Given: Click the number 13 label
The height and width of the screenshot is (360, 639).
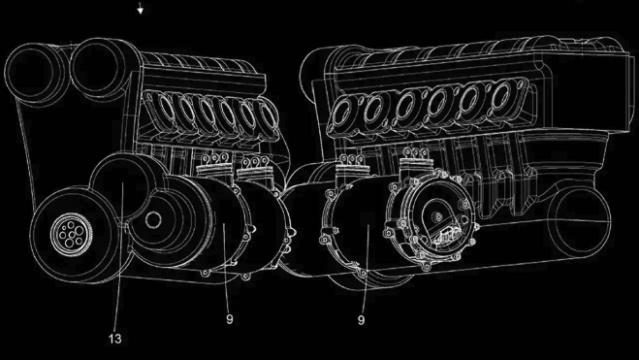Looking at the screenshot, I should pos(115,339).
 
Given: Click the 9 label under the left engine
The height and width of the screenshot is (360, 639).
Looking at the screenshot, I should pos(231,317).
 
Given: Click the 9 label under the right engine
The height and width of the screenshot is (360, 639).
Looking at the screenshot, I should pos(361,317).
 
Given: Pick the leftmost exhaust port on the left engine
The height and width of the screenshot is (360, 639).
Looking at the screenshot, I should pos(159,108).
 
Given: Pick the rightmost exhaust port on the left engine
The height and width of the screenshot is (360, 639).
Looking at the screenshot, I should pos(260,117).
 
